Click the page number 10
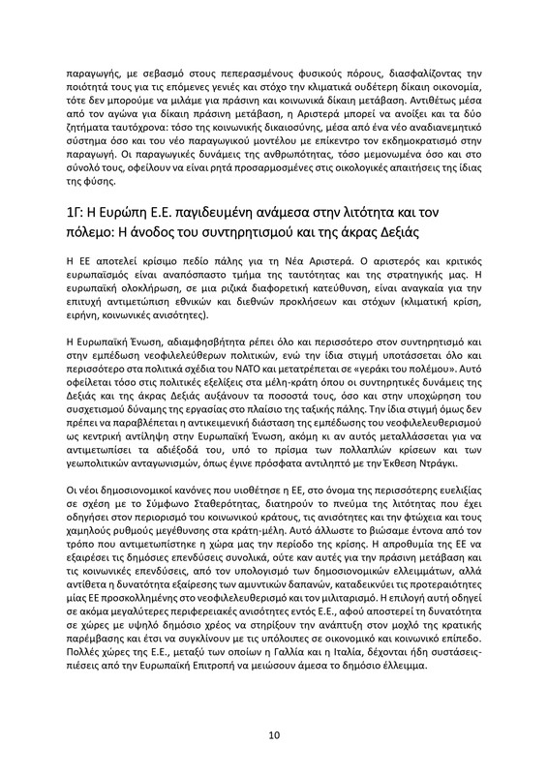(274, 736)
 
